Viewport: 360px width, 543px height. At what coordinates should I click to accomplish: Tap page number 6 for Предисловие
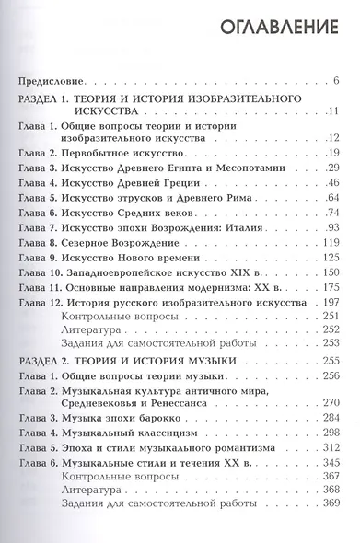coord(337,83)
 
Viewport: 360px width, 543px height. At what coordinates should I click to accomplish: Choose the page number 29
coord(333,169)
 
